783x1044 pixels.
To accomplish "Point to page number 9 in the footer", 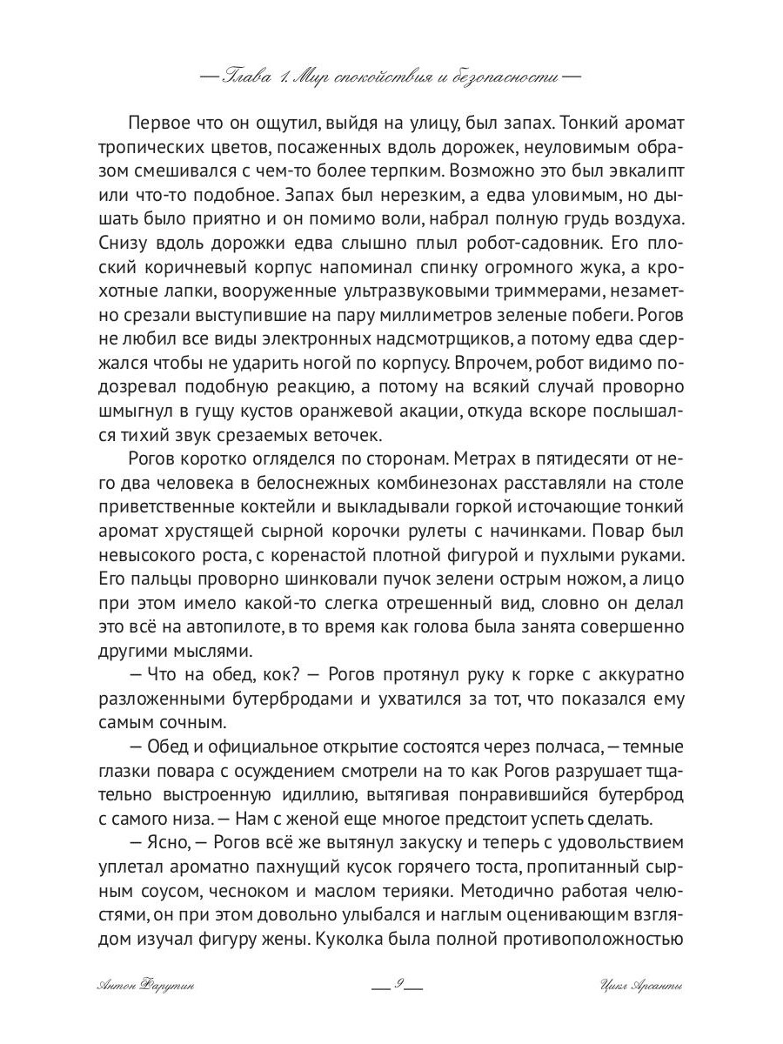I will pos(396,986).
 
